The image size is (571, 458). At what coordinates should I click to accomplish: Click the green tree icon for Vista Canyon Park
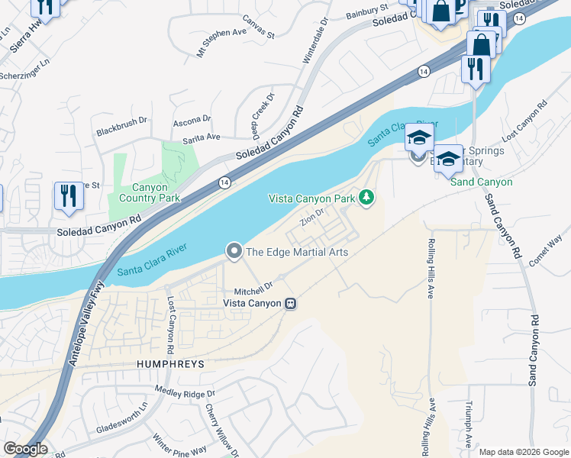(x=367, y=198)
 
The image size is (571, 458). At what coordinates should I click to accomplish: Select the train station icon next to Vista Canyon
(x=290, y=304)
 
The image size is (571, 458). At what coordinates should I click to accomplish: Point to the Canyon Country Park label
(x=145, y=192)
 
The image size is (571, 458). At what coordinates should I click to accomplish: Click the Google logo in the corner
(x=24, y=449)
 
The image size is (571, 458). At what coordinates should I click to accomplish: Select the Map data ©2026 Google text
(x=523, y=452)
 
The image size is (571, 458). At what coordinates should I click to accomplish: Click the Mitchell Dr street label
(x=253, y=289)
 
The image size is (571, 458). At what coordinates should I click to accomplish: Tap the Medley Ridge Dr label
(x=185, y=394)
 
